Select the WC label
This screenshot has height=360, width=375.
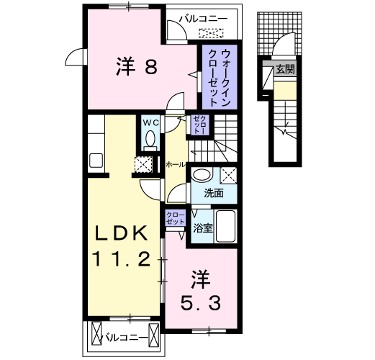[x=150, y=123]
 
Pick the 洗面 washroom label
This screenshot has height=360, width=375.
[x=212, y=193]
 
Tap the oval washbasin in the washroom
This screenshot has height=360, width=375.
[x=202, y=174]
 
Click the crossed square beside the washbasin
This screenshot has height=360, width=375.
[x=229, y=174]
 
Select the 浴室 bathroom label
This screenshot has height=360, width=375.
[x=203, y=230]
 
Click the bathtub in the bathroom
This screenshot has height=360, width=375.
[x=228, y=230]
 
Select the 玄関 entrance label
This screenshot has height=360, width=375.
[x=285, y=70]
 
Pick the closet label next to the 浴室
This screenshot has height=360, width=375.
[x=176, y=219]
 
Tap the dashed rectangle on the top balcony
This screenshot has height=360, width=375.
[x=211, y=32]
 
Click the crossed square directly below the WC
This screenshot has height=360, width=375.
[x=143, y=164]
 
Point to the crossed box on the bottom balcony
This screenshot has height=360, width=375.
[x=96, y=336]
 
